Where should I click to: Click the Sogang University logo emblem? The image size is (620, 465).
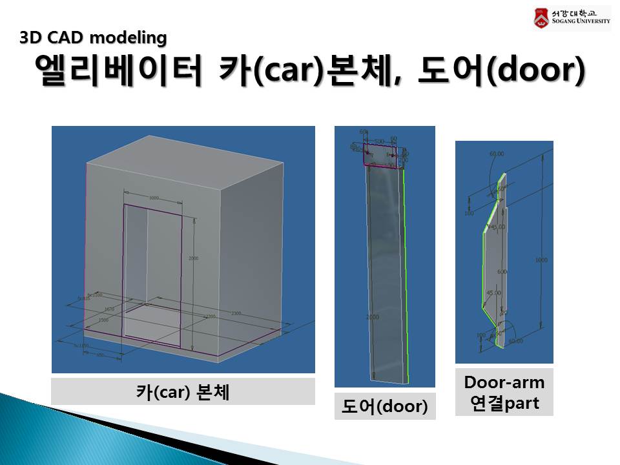541,17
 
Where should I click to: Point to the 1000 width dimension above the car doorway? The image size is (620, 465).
154,198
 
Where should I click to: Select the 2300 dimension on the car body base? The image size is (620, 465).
236,313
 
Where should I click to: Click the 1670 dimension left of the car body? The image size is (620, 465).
108,309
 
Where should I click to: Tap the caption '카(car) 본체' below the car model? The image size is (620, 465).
183,391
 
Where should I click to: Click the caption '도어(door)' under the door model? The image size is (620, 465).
385,407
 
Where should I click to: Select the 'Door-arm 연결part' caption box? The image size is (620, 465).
504,393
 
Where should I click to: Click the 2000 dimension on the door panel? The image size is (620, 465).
373,317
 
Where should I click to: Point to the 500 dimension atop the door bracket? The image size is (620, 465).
380,141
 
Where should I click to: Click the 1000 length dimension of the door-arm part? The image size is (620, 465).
541,260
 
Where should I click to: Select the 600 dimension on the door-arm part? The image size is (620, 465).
502,272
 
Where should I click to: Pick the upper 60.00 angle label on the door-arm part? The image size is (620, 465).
497,155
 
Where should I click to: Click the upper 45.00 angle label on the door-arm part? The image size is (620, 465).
497,227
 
